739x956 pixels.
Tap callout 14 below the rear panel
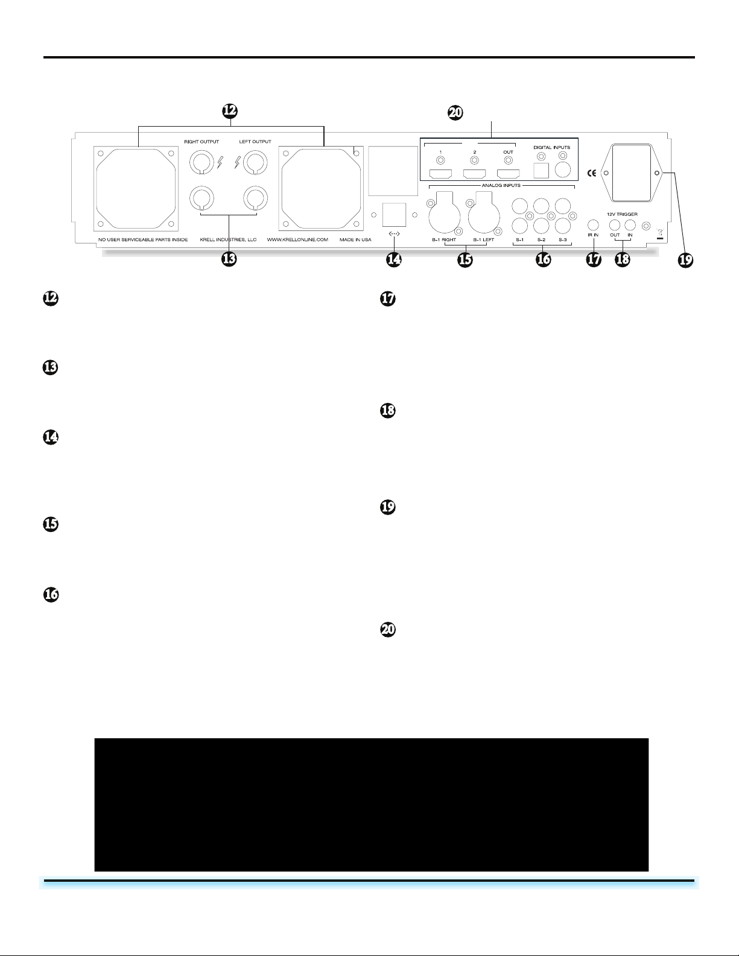[394, 260]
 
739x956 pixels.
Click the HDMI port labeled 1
[440, 174]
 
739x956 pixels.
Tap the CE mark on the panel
[592, 174]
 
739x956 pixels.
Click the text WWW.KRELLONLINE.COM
[297, 239]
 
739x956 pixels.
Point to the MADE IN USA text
[355, 239]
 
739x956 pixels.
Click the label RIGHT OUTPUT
[201, 142]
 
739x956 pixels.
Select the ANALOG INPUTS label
[501, 185]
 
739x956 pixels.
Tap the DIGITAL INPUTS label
[551, 147]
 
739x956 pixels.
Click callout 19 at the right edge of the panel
[684, 260]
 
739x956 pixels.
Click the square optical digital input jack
[541, 171]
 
